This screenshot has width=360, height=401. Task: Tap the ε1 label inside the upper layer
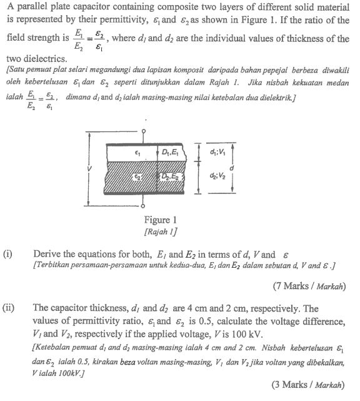point(137,152)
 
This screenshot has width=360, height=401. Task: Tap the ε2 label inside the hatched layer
point(137,179)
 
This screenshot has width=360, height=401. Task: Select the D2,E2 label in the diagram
point(170,179)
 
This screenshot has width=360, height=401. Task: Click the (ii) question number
point(9,308)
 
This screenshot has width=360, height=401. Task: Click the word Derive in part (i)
point(47,255)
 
